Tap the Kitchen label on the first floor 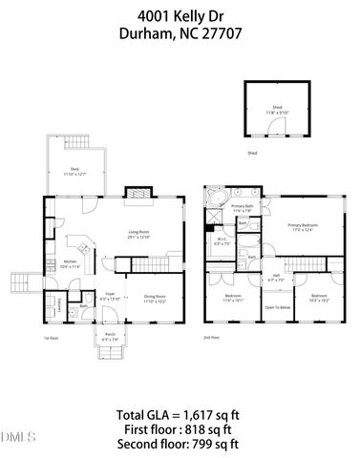click(x=70, y=262)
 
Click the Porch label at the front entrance click(x=110, y=335)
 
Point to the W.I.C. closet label click(x=222, y=242)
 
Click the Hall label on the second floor click(x=275, y=277)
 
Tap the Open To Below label click(x=277, y=307)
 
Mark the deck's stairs click(x=74, y=143)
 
